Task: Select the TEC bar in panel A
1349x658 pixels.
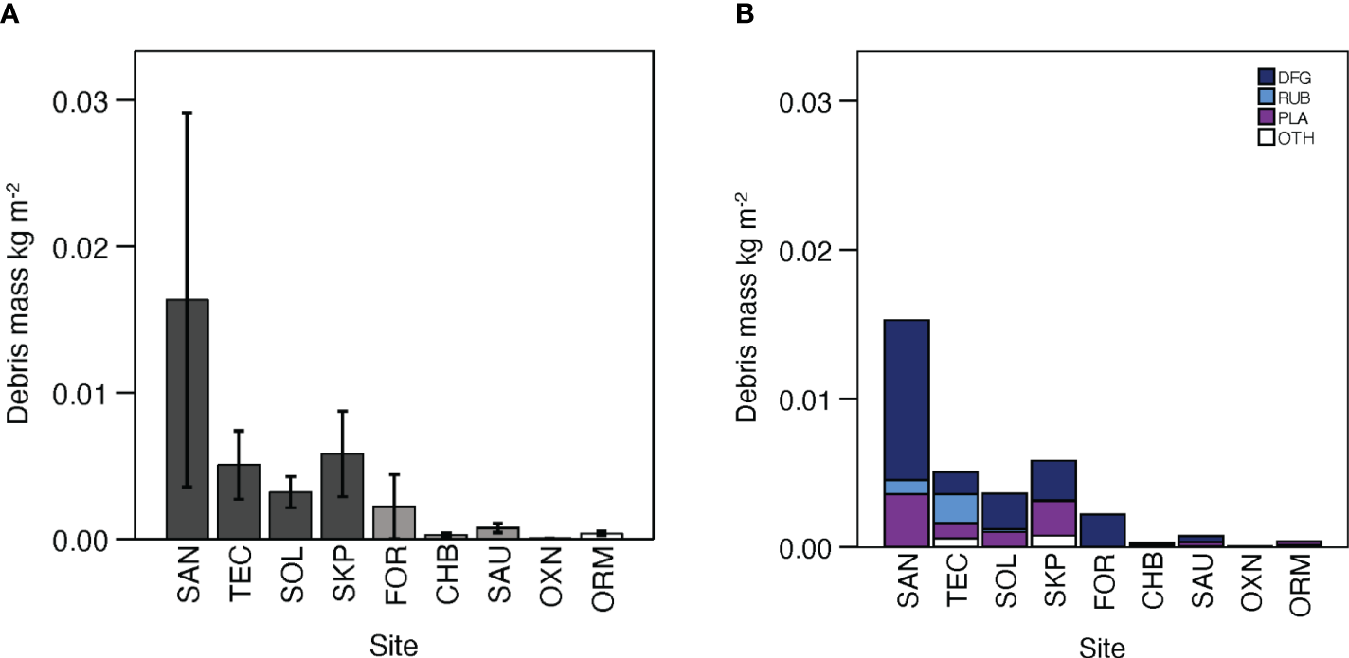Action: (x=237, y=501)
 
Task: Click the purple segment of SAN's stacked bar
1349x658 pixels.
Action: (x=906, y=520)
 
